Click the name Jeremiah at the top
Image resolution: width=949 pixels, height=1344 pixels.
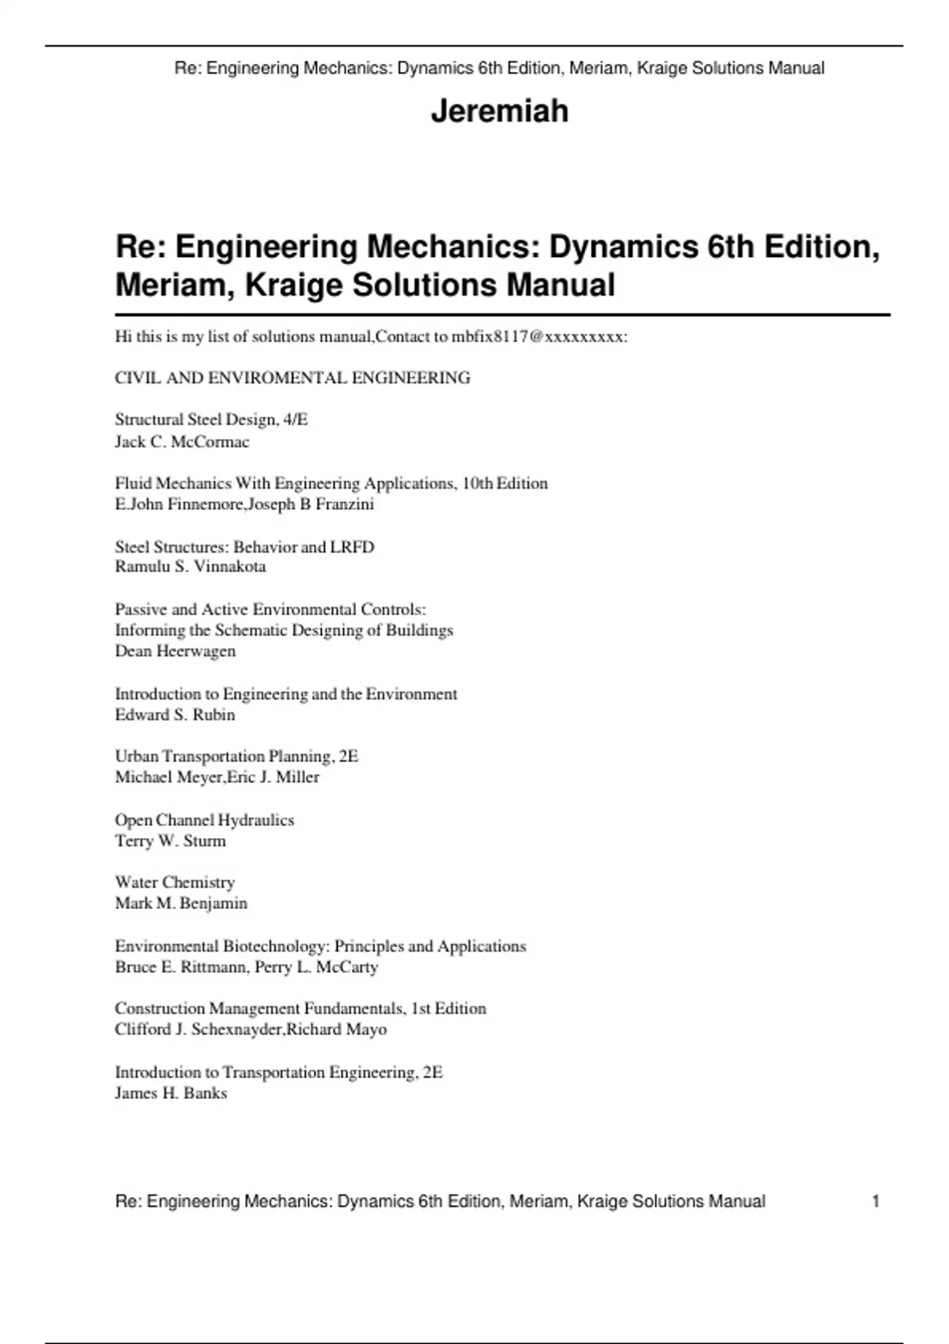coord(499,111)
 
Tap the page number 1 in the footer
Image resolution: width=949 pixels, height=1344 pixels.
coord(875,1202)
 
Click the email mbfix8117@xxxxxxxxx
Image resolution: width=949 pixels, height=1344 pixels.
coord(538,337)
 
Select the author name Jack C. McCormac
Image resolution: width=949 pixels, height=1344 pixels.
coord(182,442)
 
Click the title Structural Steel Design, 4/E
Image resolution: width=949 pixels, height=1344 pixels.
coord(211,420)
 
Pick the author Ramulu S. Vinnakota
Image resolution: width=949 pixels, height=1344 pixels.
coord(190,567)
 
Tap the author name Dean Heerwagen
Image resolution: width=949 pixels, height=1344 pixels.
coord(175,651)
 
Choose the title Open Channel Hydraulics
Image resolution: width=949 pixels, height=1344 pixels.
coord(204,820)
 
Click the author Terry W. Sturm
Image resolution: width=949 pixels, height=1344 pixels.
coord(170,841)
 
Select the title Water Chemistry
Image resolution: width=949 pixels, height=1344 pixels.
coord(175,882)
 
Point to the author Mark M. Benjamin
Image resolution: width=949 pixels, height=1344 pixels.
coord(181,904)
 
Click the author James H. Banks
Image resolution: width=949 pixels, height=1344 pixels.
coord(171,1093)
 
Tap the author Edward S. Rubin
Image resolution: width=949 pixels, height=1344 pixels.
coord(175,715)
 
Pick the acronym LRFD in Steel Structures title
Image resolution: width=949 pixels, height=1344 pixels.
coord(352,547)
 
